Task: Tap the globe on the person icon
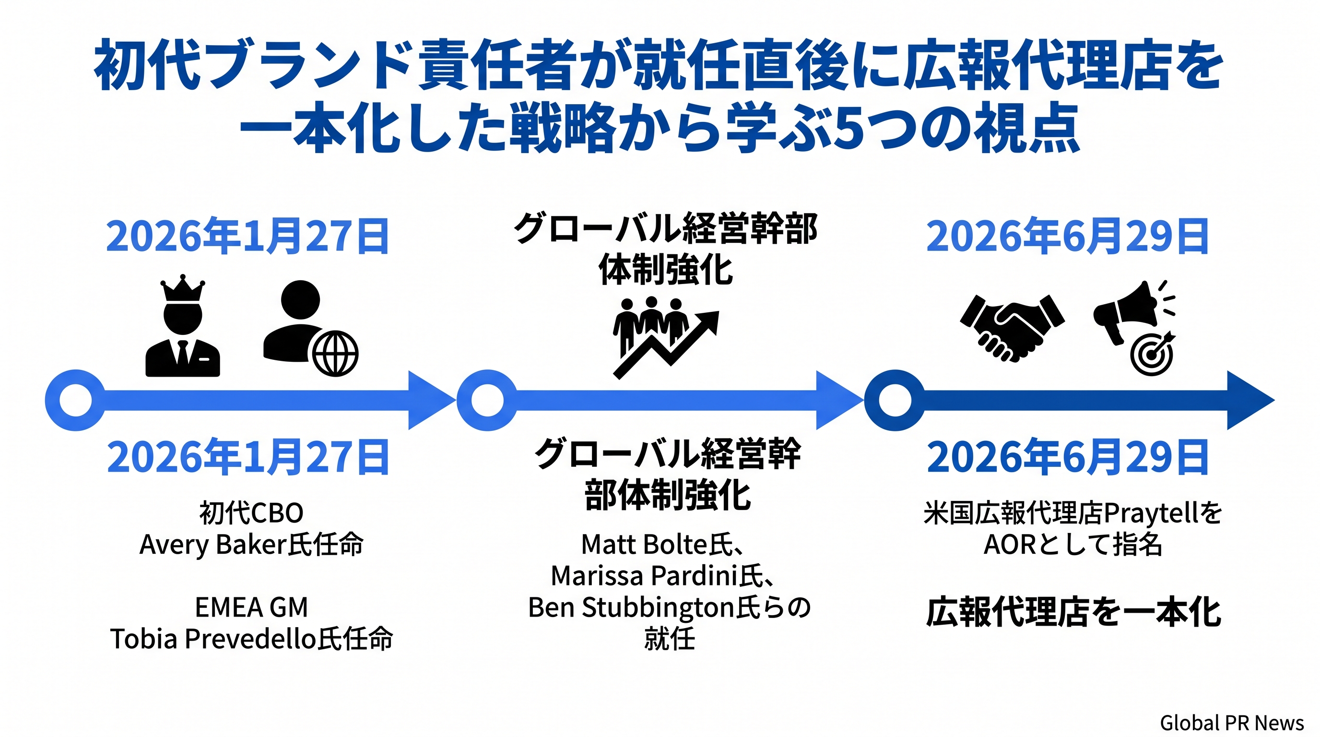tap(335, 354)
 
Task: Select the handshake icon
tap(1012, 328)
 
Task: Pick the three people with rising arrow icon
tap(666, 337)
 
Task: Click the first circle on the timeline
tap(76, 400)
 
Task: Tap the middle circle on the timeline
tap(487, 400)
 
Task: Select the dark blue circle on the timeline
tap(895, 400)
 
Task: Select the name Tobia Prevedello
tap(213, 639)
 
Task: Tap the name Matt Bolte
tap(644, 544)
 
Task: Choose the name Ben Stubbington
tap(631, 608)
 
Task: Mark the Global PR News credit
tap(1232, 723)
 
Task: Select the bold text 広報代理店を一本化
tap(1073, 611)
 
